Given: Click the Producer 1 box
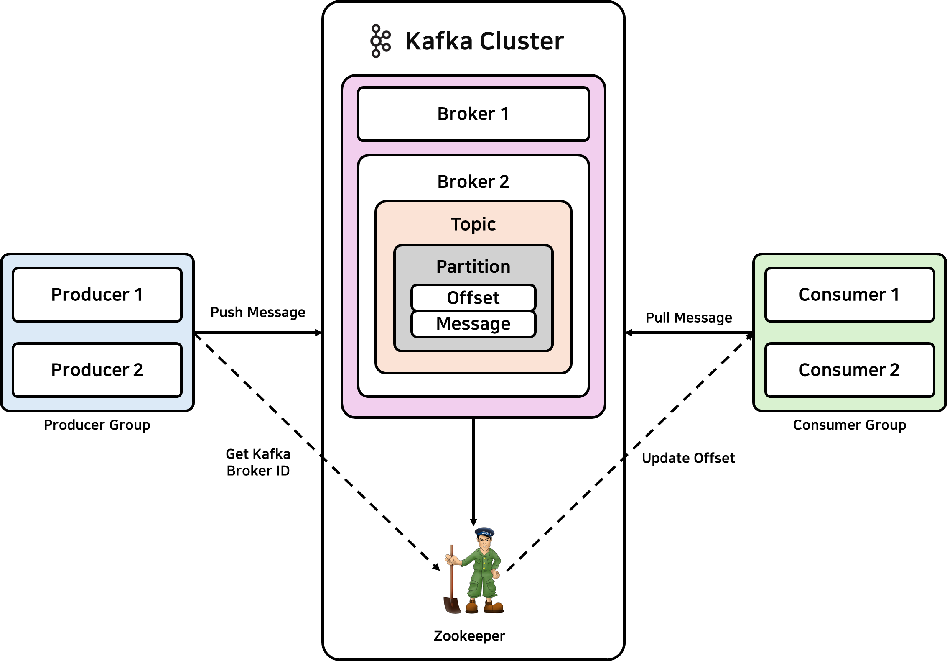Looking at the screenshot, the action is pos(97,295).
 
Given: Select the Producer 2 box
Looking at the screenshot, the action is pos(97,370).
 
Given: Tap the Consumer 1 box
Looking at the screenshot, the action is pos(850,295).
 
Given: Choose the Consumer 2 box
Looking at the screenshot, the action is pos(850,370).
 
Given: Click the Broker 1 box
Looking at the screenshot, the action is pos(473,114).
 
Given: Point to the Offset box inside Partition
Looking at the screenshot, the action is pos(473,297).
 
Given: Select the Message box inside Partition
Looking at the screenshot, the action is pos(473,324).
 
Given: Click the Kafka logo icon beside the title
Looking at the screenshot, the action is pos(380,41).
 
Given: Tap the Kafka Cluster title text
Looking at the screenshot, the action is pos(485,41).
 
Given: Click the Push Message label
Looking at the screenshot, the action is pos(258,313).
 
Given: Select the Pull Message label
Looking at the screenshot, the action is pos(689,318).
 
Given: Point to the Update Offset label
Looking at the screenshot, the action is pos(688,458).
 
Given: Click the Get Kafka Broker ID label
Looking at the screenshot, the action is pos(258,462).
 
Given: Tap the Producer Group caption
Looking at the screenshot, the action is pos(97,425).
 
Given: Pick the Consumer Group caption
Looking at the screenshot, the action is pos(850,425).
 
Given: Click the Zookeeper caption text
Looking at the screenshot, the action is pos(469,636).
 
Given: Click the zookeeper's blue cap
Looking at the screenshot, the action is pos(485,532).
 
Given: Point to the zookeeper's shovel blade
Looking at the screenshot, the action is pos(452,605).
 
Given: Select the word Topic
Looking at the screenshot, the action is pos(473,224).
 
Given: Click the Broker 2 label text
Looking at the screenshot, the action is pos(473,182).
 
